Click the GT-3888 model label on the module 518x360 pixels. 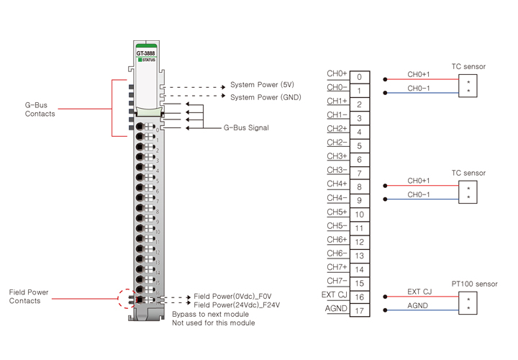[x=145, y=53]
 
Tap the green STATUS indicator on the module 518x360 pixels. [x=146, y=60]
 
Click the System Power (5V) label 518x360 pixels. [x=262, y=85]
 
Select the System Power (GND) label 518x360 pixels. [x=265, y=97]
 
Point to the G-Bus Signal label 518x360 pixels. [x=246, y=128]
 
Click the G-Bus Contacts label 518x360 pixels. [x=40, y=109]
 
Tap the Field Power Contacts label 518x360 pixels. [x=29, y=297]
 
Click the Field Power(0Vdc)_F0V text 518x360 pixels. [x=232, y=297]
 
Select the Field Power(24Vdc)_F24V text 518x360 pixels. [x=237, y=305]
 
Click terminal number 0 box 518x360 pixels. [x=360, y=77]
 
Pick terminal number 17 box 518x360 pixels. [x=360, y=312]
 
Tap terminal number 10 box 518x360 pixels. [x=360, y=215]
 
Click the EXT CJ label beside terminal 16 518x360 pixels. [x=334, y=294]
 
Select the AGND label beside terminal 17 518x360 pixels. [x=336, y=309]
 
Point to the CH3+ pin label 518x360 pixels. [x=337, y=156]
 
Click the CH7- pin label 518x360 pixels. [x=337, y=281]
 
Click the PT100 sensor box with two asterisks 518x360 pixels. [x=468, y=303]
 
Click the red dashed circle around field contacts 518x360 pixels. [x=127, y=297]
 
